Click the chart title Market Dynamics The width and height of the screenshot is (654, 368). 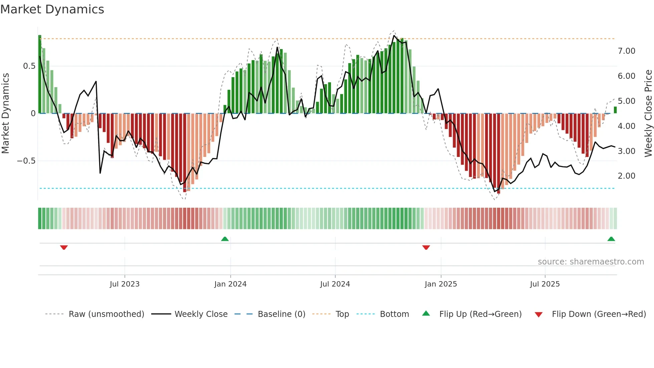coord(52,9)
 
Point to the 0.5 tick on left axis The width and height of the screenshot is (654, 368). coord(29,66)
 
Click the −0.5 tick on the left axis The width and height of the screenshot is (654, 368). coord(26,161)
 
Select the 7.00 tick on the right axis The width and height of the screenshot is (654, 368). coord(626,51)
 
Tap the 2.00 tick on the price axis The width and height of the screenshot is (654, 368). coord(626,176)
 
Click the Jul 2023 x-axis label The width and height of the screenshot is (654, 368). coord(124,284)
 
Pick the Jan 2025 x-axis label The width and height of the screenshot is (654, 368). coord(440,284)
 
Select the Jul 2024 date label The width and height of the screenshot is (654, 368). coord(335,284)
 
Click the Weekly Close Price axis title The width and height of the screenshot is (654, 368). coord(648,114)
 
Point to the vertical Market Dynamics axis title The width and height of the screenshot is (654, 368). coord(6,114)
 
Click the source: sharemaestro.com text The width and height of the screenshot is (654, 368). coord(591,262)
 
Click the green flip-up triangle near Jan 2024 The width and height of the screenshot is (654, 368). coord(225,239)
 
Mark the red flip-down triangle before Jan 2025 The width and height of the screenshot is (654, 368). coord(426,247)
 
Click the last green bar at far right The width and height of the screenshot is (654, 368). coord(615,110)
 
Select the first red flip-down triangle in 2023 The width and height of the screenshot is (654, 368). coord(64,247)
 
